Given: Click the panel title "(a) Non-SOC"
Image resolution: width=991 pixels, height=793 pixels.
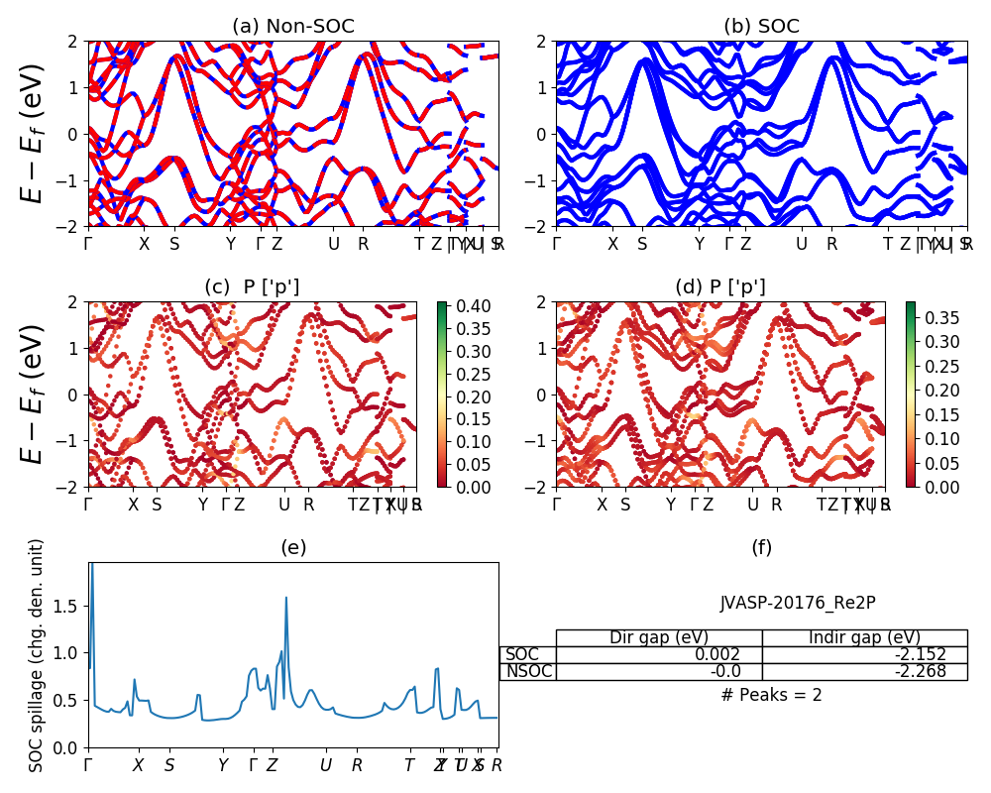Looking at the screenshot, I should tap(292, 27).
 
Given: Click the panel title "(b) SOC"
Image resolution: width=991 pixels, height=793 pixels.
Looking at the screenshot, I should tap(761, 27).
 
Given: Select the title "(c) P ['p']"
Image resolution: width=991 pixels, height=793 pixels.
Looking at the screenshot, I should tap(252, 287).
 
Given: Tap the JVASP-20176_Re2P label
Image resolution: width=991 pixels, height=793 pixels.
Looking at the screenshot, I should tap(798, 603).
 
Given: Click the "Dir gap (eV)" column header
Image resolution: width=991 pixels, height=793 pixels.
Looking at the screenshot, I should tap(659, 637).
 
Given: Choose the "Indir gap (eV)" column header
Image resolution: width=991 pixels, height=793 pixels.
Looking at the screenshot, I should tap(864, 637).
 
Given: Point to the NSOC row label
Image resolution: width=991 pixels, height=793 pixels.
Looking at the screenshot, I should tap(528, 671).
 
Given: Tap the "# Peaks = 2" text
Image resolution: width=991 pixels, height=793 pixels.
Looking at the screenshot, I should tap(771, 695).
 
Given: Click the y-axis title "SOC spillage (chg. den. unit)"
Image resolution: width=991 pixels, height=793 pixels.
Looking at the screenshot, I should tap(37, 655).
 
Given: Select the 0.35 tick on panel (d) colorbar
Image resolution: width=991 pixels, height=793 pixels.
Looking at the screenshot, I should tap(927, 317).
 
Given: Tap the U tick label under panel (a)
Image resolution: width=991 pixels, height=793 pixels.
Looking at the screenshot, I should tap(334, 243).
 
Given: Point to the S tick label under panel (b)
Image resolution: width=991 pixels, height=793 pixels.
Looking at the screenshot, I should tap(642, 243).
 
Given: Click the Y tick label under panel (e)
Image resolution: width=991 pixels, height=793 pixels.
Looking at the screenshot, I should tap(223, 765).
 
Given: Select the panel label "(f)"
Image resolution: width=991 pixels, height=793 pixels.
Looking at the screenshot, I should tap(761, 547).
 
